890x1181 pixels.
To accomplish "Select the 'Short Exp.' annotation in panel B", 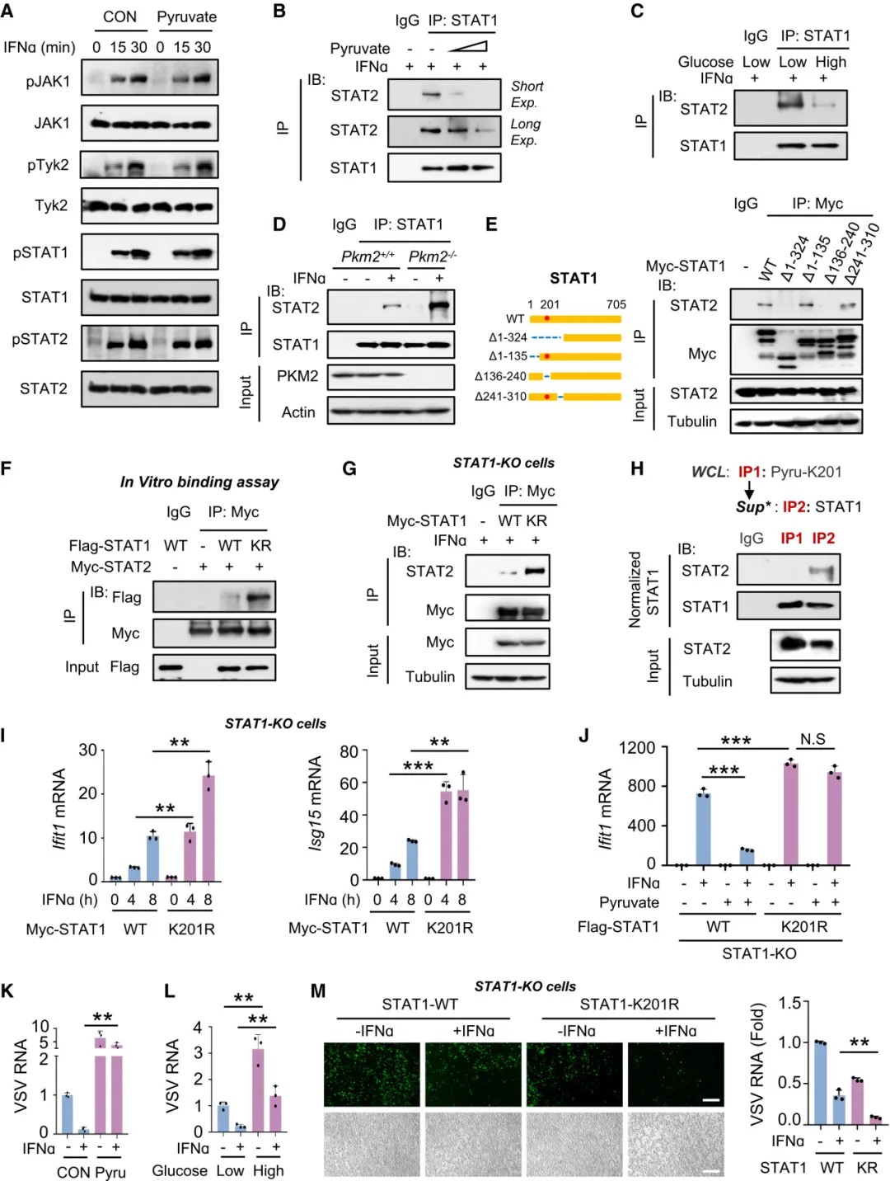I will point(527,94).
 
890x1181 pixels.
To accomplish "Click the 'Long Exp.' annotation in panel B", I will point(525,132).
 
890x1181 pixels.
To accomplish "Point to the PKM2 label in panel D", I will point(297,376).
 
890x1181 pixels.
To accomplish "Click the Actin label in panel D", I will point(298,412).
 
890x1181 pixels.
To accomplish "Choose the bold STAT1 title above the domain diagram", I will point(573,278).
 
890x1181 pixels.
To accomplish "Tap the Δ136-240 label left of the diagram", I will point(500,376).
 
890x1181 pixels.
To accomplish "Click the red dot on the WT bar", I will point(546,318).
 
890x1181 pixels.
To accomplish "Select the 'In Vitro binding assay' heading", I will point(199,482).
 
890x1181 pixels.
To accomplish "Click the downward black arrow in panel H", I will point(749,489).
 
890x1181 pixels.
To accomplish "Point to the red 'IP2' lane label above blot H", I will point(823,539).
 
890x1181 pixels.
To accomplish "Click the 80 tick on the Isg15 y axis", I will point(349,751).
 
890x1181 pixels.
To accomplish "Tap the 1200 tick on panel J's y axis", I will point(637,748).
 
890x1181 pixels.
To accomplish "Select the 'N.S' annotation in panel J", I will point(813,739).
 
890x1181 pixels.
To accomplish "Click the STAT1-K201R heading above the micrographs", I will point(630,1005).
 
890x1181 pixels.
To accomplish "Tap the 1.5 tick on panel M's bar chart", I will point(791,1003).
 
